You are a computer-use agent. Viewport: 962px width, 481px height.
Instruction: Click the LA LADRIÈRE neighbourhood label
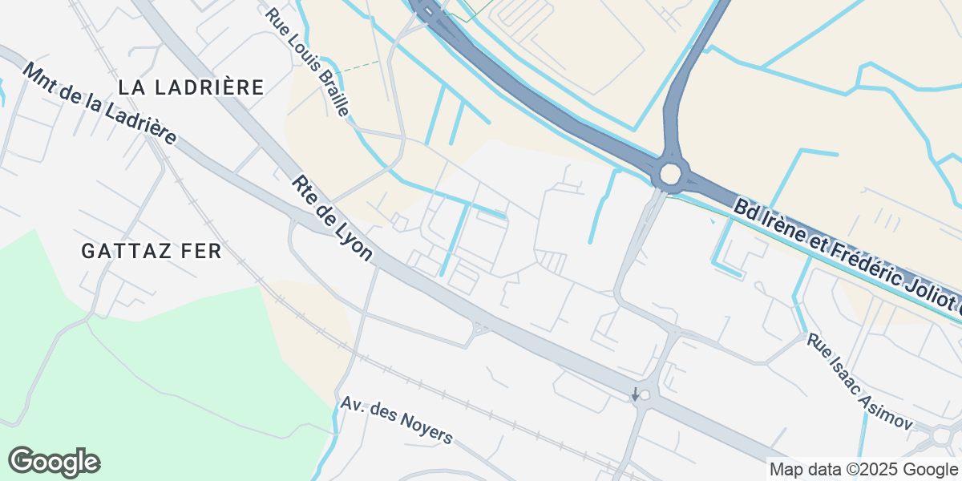(x=191, y=87)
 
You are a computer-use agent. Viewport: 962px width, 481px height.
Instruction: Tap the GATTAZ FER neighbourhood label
(x=152, y=251)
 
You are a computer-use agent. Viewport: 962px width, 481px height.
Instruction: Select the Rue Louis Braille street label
(x=309, y=63)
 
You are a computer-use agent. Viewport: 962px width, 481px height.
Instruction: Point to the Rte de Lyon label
(x=333, y=218)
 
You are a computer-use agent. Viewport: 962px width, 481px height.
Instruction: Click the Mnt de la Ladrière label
(x=100, y=104)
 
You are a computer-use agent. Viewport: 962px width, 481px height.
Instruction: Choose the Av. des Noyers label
(x=396, y=420)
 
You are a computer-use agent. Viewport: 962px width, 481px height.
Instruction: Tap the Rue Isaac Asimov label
(x=860, y=382)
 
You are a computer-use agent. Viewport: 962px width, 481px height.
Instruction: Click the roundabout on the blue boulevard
(x=670, y=172)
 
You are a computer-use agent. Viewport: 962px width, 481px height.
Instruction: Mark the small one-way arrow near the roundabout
(x=636, y=394)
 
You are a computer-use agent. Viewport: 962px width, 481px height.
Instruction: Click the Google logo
(x=54, y=462)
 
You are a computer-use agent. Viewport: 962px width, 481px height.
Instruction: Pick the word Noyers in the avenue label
(x=426, y=430)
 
